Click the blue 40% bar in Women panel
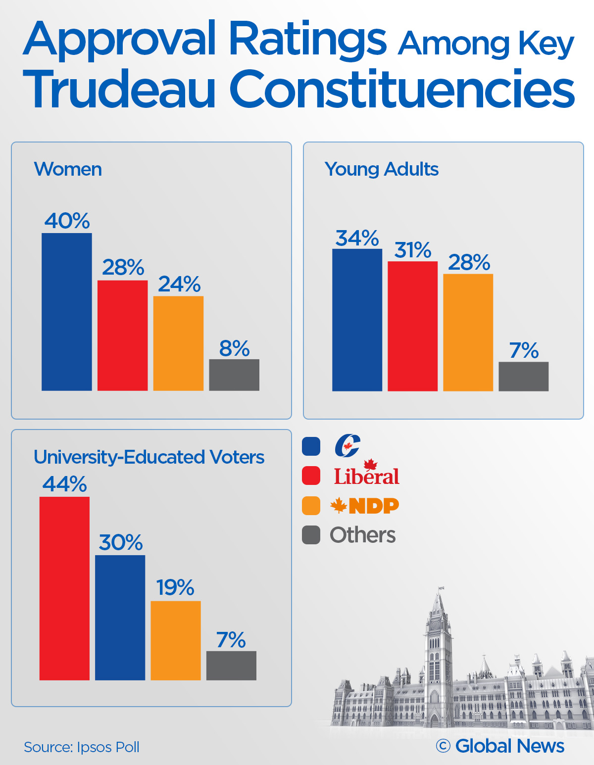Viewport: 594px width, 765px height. coord(67,312)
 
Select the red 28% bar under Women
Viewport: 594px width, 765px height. coord(122,335)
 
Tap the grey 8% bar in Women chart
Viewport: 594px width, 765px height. coord(234,375)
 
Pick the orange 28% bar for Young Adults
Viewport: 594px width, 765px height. coord(468,333)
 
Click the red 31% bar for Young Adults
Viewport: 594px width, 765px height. coord(413,326)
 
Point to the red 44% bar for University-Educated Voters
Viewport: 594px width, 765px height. coord(64,588)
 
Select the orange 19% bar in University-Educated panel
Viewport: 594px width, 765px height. coord(176,640)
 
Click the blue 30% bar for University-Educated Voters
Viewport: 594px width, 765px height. coord(120,618)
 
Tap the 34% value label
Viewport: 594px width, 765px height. coord(357,239)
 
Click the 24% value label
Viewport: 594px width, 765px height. coord(179,285)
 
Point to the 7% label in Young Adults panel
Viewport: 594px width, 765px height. coord(524,351)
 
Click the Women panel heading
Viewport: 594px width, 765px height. coord(68,169)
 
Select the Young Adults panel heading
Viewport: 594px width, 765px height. coord(381,169)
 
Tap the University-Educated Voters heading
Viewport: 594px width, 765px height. coord(149,457)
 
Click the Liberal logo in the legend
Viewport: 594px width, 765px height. coord(367,474)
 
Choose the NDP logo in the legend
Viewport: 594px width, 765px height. coord(365,506)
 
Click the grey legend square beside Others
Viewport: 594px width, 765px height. coord(311,535)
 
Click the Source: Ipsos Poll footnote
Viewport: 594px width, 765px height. coord(82,747)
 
